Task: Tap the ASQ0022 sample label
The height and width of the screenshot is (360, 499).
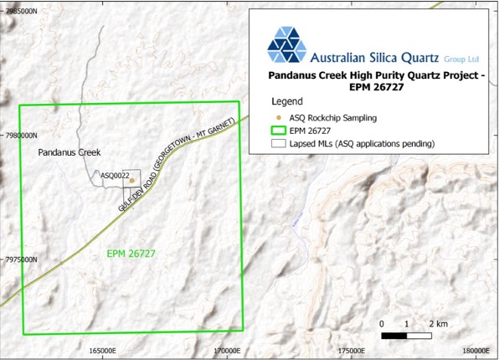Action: click(114, 176)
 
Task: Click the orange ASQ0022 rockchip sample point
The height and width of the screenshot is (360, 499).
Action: click(131, 180)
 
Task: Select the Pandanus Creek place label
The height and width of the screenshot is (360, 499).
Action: click(69, 152)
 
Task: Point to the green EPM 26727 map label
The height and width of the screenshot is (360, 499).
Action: click(132, 253)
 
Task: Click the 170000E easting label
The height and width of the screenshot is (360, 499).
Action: click(226, 351)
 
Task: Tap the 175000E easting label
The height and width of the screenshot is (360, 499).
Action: click(351, 351)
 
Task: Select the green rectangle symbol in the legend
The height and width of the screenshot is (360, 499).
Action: click(277, 131)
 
